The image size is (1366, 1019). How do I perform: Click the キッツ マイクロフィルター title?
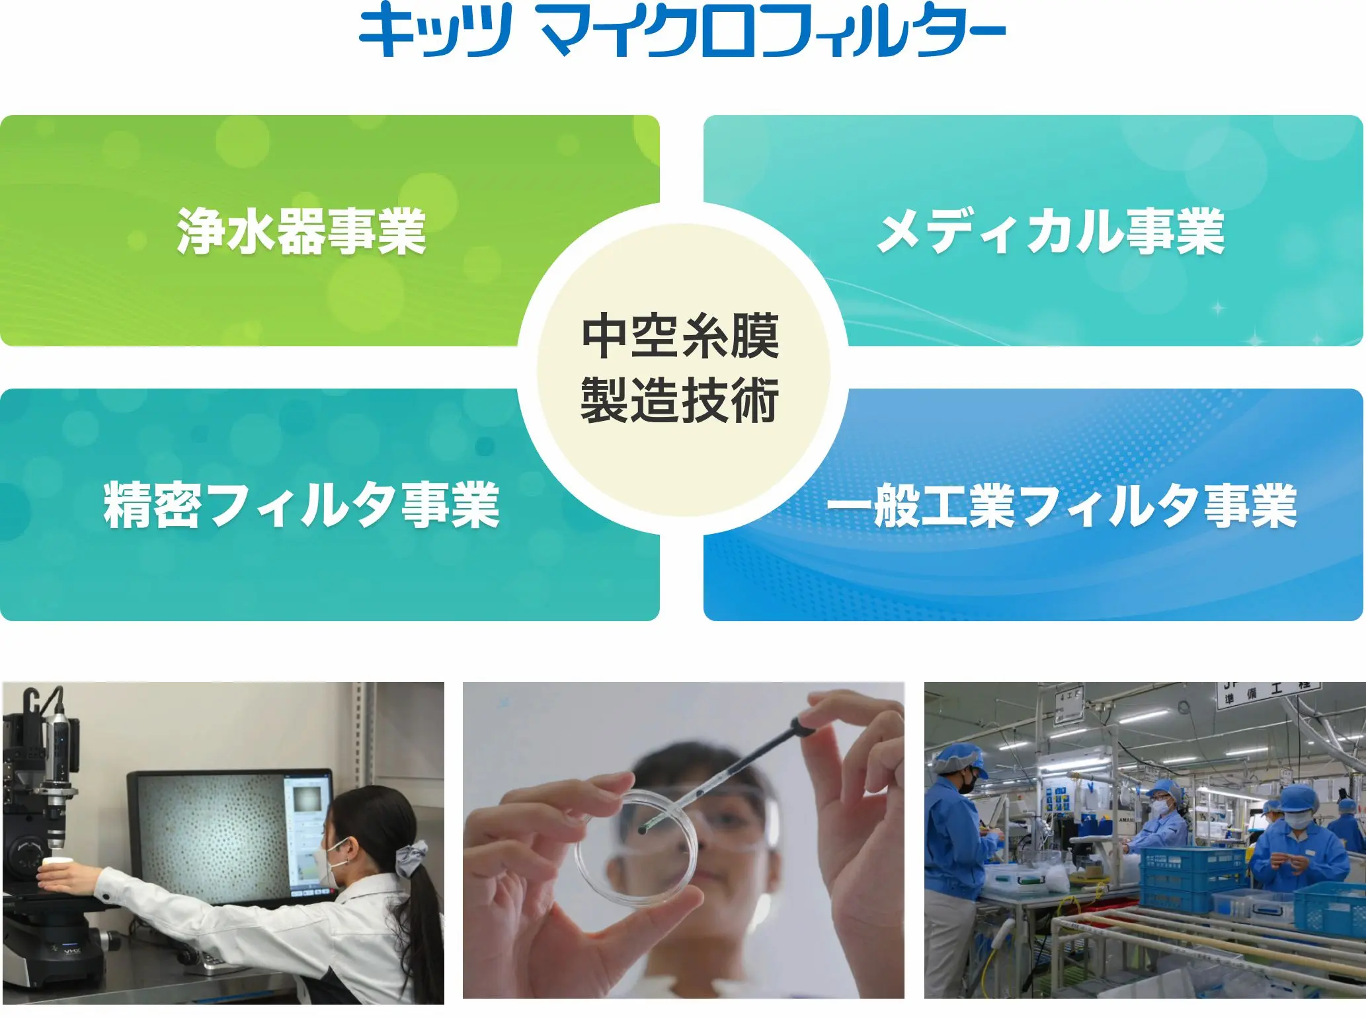point(682,30)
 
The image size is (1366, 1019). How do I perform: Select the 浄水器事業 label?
point(301,231)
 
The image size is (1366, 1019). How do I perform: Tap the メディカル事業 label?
point(1051,231)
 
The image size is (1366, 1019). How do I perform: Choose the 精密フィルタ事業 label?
point(301,505)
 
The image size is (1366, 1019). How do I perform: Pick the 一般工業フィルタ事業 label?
point(1062,505)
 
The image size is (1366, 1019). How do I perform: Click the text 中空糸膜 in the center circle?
point(681,336)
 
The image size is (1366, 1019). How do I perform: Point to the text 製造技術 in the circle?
point(681,400)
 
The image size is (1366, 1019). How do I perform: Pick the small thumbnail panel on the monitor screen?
point(307,799)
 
